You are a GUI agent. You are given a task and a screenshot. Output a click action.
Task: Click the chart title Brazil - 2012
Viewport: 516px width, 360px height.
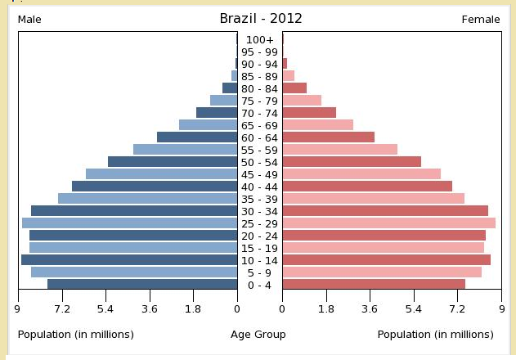[x=259, y=18]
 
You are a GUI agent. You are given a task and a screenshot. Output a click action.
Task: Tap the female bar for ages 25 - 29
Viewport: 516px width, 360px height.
[x=388, y=223]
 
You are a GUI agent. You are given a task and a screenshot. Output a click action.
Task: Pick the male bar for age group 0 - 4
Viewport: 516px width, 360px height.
[x=142, y=285]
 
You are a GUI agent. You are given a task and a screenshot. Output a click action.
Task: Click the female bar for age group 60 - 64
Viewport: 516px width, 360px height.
[x=328, y=137]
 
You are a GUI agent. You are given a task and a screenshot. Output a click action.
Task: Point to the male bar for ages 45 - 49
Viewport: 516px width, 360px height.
[x=161, y=174]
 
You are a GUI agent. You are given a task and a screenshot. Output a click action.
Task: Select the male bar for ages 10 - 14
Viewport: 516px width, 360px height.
[x=129, y=260]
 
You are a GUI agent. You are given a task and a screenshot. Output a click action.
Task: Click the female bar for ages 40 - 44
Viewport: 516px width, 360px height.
[x=367, y=187]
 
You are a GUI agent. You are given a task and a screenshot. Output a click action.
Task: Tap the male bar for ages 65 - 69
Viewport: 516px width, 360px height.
[x=208, y=125]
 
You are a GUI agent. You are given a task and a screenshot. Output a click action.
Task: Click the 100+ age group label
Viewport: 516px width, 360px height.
[x=260, y=39]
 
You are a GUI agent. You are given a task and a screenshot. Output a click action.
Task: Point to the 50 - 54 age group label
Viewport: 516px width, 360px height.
[x=260, y=162]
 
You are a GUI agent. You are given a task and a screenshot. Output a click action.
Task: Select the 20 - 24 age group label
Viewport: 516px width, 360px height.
[x=260, y=236]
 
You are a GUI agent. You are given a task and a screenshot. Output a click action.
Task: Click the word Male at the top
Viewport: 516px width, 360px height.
[x=29, y=20]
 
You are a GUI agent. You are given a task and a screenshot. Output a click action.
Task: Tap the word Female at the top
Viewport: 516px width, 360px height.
[x=481, y=20]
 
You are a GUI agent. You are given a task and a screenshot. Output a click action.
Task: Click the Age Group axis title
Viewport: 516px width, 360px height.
[x=258, y=335]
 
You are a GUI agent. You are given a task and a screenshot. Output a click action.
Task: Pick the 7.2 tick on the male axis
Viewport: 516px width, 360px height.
[x=61, y=309]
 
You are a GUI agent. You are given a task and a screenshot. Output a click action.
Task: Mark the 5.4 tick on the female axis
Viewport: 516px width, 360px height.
[x=414, y=309]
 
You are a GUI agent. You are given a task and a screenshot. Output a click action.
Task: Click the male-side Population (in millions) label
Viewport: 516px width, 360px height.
[x=75, y=335]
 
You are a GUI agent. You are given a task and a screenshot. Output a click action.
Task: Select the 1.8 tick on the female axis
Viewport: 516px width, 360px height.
[x=326, y=309]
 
